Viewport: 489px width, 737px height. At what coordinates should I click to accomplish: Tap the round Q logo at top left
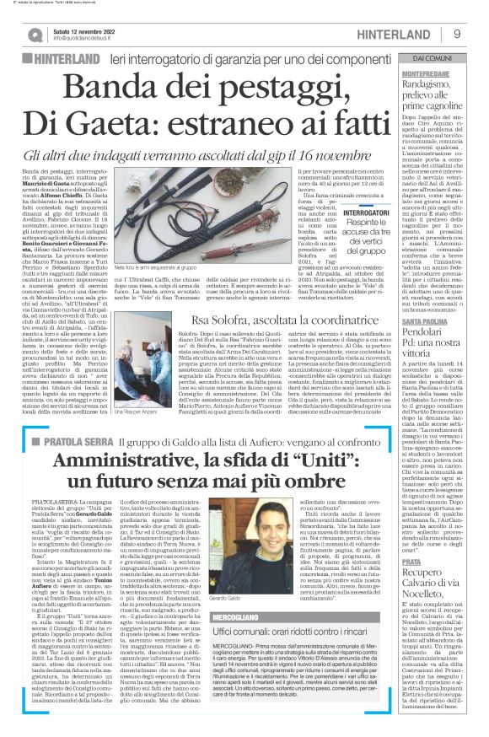point(33,34)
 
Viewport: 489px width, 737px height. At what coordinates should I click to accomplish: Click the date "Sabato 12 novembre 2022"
point(87,29)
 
